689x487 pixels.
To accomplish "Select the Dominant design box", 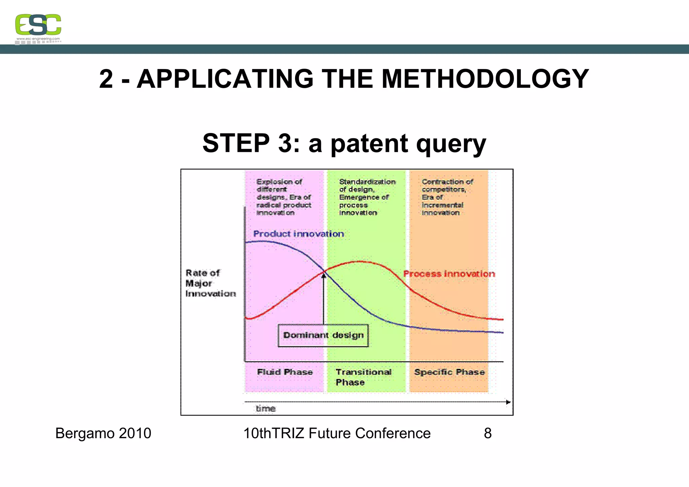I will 323,336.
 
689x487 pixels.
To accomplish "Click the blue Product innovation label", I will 298,234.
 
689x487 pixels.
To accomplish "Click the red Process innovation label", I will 449,274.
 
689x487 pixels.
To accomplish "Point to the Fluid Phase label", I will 285,372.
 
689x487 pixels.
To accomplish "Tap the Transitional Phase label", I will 363,377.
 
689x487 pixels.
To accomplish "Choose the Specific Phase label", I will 449,372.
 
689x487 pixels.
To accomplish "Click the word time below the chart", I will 265,409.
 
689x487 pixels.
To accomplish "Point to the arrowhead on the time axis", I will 508,402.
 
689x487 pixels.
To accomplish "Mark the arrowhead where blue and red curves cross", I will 324,276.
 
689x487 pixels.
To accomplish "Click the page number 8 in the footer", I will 487,433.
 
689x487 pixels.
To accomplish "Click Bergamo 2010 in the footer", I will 103,433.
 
